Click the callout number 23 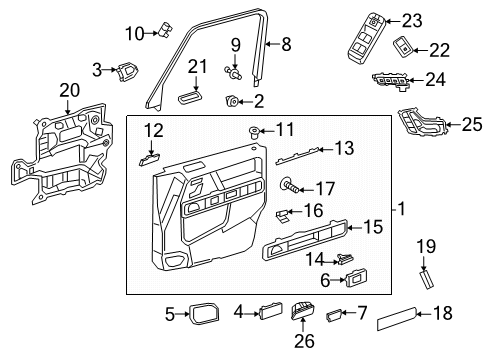coord(412,21)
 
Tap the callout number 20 coord(70,90)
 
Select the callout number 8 coord(286,44)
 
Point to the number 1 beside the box coord(402,209)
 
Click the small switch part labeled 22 coord(403,48)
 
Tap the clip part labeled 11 coord(255,132)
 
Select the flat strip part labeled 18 coord(397,318)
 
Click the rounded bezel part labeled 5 coord(204,313)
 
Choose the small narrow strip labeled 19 coord(426,280)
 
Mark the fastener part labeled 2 coord(231,101)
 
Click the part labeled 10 coord(165,29)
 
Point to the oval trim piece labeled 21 coord(190,97)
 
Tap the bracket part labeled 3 coord(127,72)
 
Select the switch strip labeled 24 coord(391,81)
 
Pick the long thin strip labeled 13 coord(299,155)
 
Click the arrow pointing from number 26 coord(303,325)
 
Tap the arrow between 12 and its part coord(152,148)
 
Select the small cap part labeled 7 coord(333,315)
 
